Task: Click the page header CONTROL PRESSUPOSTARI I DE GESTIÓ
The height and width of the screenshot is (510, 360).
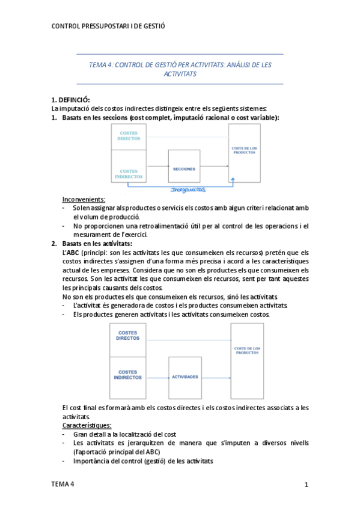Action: [108, 26]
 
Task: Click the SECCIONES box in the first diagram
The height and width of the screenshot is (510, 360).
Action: [183, 169]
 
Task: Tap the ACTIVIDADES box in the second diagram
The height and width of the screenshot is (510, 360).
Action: [185, 376]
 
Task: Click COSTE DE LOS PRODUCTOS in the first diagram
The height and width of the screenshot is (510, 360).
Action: [245, 150]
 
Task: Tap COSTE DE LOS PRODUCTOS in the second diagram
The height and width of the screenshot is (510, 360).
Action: [246, 351]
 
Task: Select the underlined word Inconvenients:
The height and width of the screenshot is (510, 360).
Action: [84, 199]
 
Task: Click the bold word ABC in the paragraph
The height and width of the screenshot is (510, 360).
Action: [73, 253]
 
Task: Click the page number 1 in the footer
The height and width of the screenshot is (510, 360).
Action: [306, 484]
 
